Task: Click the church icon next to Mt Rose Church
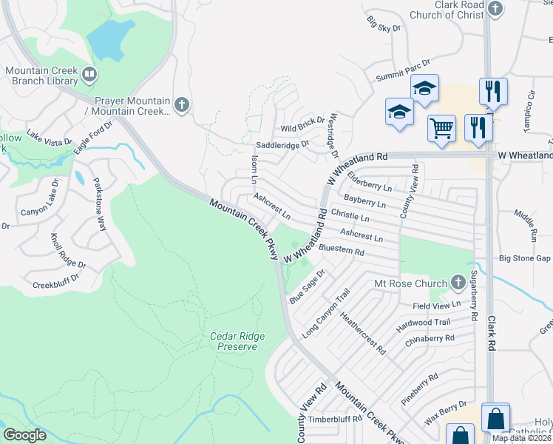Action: pyautogui.click(x=458, y=283)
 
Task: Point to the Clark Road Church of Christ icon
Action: pyautogui.click(x=496, y=10)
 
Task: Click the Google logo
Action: pyautogui.click(x=25, y=435)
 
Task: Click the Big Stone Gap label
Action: pyautogui.click(x=525, y=258)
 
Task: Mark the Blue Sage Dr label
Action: pyautogui.click(x=308, y=289)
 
